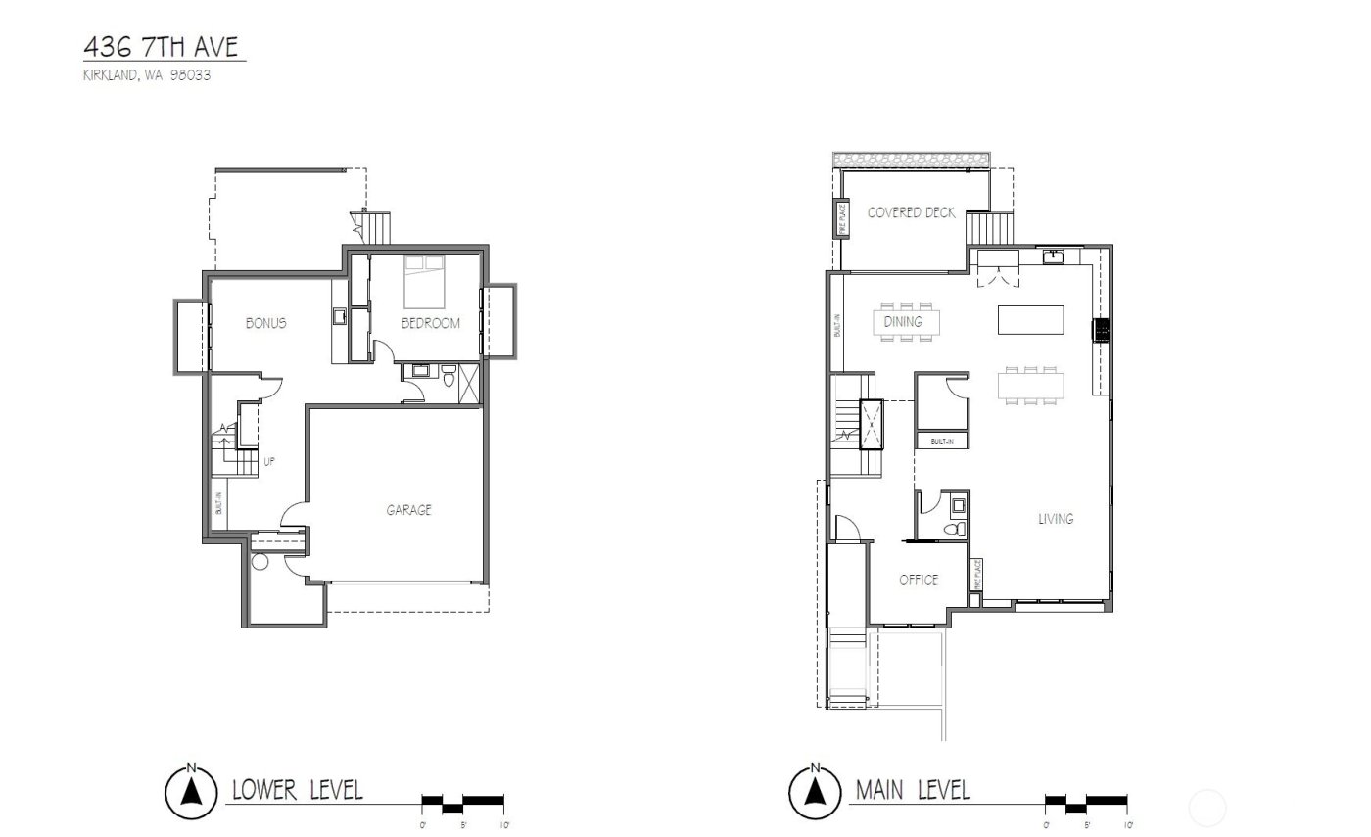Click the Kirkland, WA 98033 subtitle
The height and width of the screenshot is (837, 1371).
click(148, 74)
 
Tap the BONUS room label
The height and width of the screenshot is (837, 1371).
click(265, 323)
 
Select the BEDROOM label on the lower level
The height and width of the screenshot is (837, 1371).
click(430, 323)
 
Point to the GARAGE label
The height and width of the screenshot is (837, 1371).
click(407, 509)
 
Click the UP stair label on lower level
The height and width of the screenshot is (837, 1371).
click(268, 462)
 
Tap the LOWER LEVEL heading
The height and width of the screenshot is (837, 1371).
click(297, 789)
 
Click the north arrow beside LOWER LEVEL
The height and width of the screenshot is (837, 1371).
click(192, 789)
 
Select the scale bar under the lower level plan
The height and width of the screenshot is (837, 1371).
click(462, 803)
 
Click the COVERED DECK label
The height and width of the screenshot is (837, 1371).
click(911, 212)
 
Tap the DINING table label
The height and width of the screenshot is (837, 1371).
click(903, 321)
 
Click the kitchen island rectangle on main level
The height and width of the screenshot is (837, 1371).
click(1030, 320)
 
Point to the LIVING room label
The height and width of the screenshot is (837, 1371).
click(1056, 519)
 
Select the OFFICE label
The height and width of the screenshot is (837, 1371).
click(919, 580)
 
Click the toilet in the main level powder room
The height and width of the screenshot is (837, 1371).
click(956, 530)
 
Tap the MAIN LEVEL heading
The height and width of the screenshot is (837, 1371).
click(913, 789)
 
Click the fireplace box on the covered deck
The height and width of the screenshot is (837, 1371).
click(840, 218)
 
